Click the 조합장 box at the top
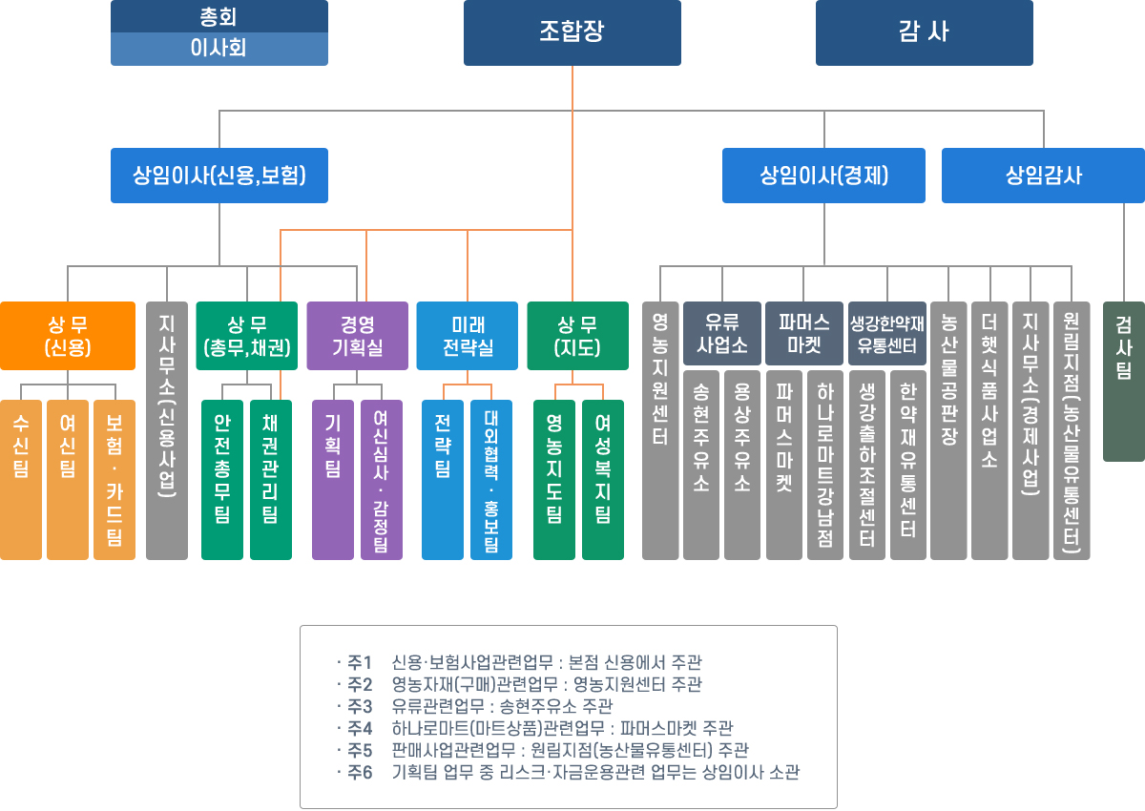coord(572,32)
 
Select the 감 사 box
coord(924,32)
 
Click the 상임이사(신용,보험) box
coord(219,176)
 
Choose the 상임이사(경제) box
coord(824,176)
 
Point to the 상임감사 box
coord(1043,176)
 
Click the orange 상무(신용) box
coord(68,336)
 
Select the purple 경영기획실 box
coord(358,336)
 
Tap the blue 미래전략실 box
coord(468,336)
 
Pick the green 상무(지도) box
coord(578,336)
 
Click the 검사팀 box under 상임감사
coord(1124,382)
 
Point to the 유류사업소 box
coord(721,333)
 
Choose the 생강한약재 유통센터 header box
coord(887,333)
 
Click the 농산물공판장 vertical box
coord(948,429)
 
